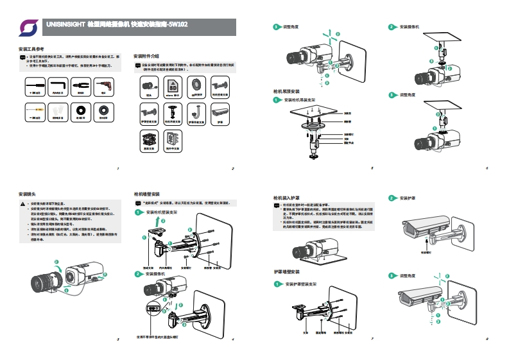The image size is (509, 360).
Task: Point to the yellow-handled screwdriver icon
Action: coord(35,110)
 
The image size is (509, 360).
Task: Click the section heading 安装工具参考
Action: coord(30,49)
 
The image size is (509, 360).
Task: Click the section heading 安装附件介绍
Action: coord(146,56)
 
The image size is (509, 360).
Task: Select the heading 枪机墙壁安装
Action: coord(146,193)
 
